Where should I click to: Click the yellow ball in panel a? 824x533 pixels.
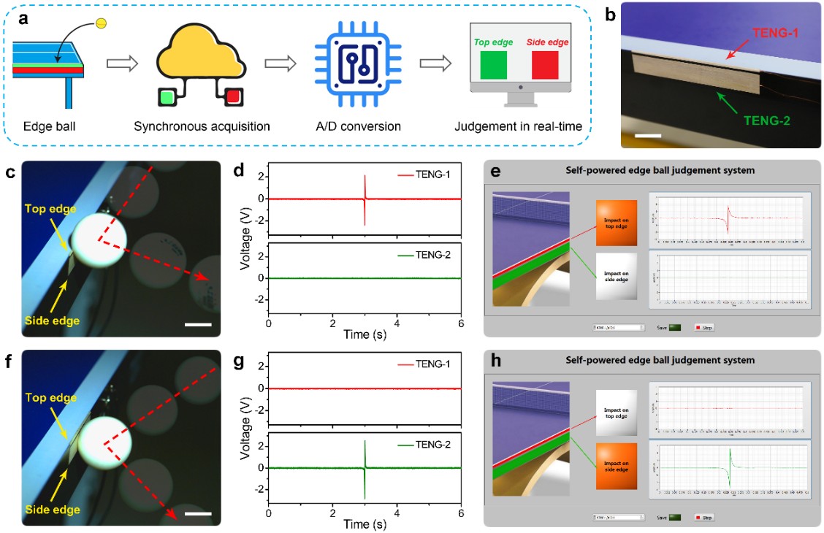(x=102, y=23)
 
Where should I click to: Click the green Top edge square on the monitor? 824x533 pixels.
(x=492, y=64)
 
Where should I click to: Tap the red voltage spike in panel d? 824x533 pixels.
(x=364, y=199)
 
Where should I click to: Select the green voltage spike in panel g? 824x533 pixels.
(x=364, y=467)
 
